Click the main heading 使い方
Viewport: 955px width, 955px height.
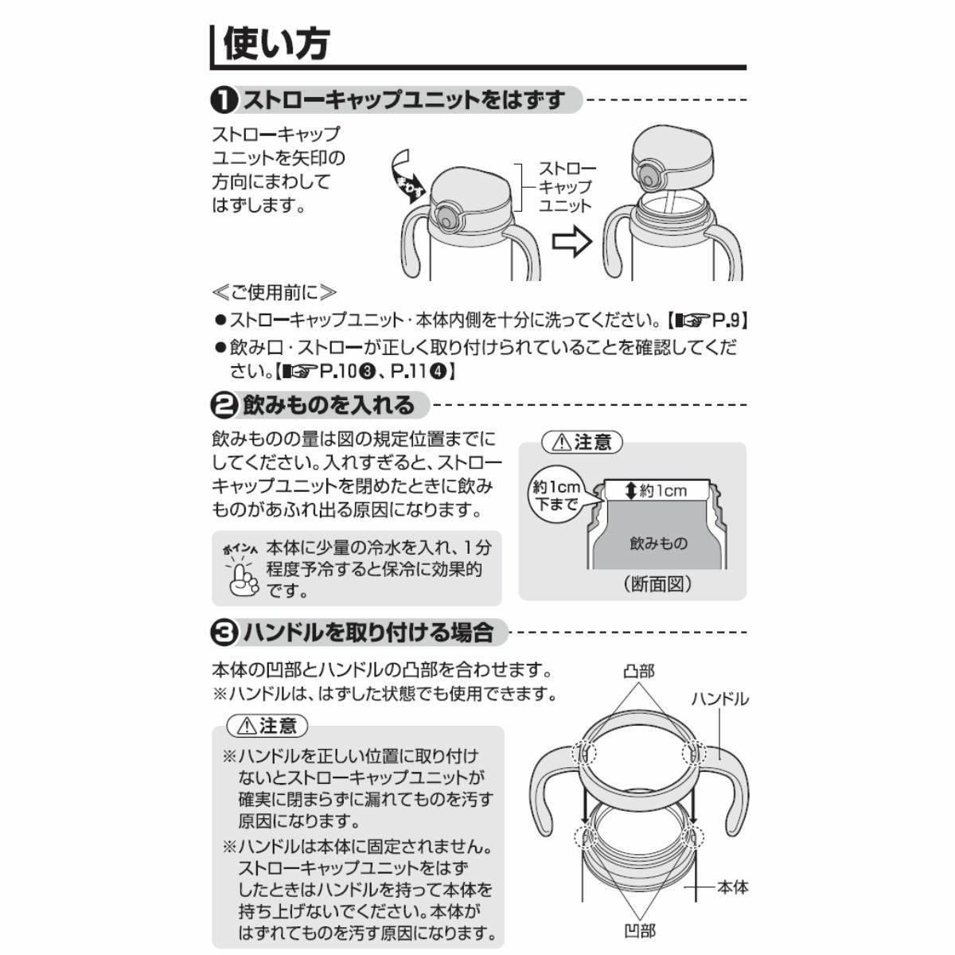tap(276, 44)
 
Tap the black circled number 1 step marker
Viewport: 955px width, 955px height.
tap(224, 100)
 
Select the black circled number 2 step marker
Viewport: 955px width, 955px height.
tap(224, 406)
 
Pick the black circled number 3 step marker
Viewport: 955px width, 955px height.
tap(224, 633)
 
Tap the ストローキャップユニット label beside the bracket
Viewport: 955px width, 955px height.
tap(567, 187)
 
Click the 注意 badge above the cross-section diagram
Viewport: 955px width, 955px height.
tap(583, 442)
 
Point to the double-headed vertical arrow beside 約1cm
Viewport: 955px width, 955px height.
tap(631, 491)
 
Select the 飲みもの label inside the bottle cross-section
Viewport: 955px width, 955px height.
tap(659, 544)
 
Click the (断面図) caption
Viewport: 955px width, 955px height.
tap(657, 584)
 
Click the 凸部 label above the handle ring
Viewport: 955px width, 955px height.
tap(639, 672)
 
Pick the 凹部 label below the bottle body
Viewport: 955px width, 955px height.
tap(639, 930)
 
